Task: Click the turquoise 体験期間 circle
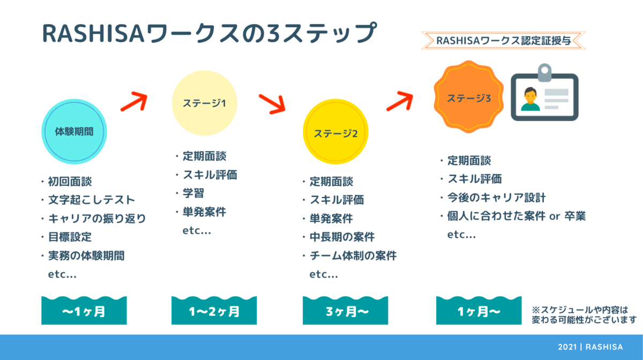click(x=74, y=131)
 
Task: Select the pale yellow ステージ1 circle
click(x=204, y=103)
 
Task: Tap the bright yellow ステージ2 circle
click(x=335, y=131)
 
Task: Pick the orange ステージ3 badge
click(x=469, y=97)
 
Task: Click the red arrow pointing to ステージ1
click(x=134, y=102)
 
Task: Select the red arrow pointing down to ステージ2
click(x=272, y=104)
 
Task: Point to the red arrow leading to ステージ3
click(x=400, y=101)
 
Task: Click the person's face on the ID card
click(x=530, y=95)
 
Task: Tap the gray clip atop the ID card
click(x=544, y=72)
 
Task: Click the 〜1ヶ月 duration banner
click(x=84, y=310)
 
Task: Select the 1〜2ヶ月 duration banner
click(x=214, y=310)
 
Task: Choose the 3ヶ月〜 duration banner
click(x=345, y=310)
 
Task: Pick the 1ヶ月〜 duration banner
click(x=479, y=310)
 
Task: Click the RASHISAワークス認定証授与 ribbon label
click(x=504, y=41)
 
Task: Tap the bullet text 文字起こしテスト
click(x=92, y=200)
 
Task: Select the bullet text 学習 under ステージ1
click(x=193, y=193)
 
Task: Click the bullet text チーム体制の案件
click(x=353, y=256)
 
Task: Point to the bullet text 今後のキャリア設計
click(x=496, y=198)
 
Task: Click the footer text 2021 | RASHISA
click(x=590, y=347)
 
